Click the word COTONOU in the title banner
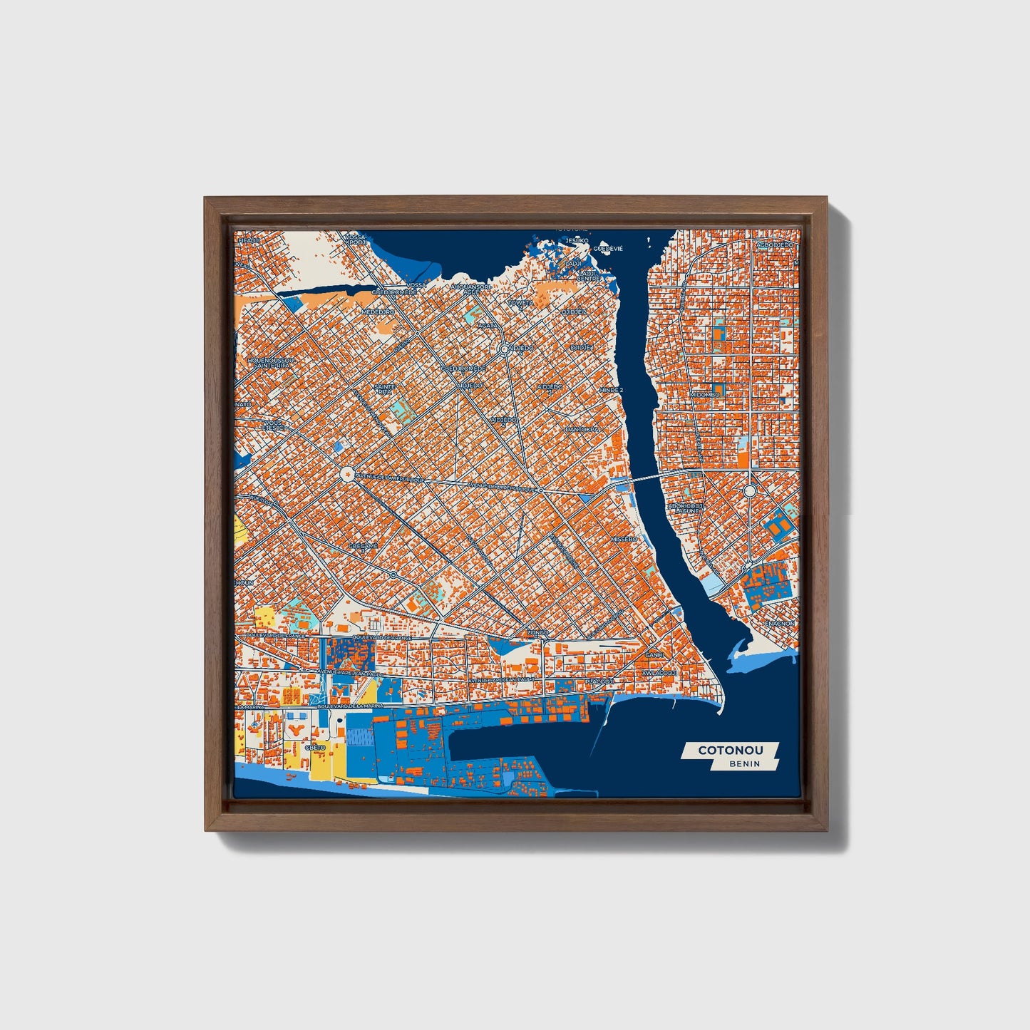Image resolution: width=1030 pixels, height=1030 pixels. (730, 750)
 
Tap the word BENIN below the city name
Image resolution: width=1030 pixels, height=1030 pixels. (744, 763)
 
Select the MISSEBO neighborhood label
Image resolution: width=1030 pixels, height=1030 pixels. (624, 540)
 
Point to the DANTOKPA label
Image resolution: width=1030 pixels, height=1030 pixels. (579, 430)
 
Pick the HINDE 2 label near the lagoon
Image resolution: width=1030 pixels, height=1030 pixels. (611, 391)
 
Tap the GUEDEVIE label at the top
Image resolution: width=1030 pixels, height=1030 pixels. (608, 249)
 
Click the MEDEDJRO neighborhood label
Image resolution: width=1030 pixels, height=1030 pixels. (378, 312)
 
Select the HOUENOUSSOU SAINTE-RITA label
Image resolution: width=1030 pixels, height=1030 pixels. (271, 363)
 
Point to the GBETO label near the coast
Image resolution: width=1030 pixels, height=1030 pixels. (315, 747)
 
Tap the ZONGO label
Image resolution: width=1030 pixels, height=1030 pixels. (537, 632)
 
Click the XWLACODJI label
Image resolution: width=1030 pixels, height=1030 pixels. (659, 672)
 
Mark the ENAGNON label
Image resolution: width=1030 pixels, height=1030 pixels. (780, 623)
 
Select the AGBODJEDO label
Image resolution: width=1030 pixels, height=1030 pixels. (775, 244)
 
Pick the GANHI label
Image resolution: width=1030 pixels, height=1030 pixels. (654, 654)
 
